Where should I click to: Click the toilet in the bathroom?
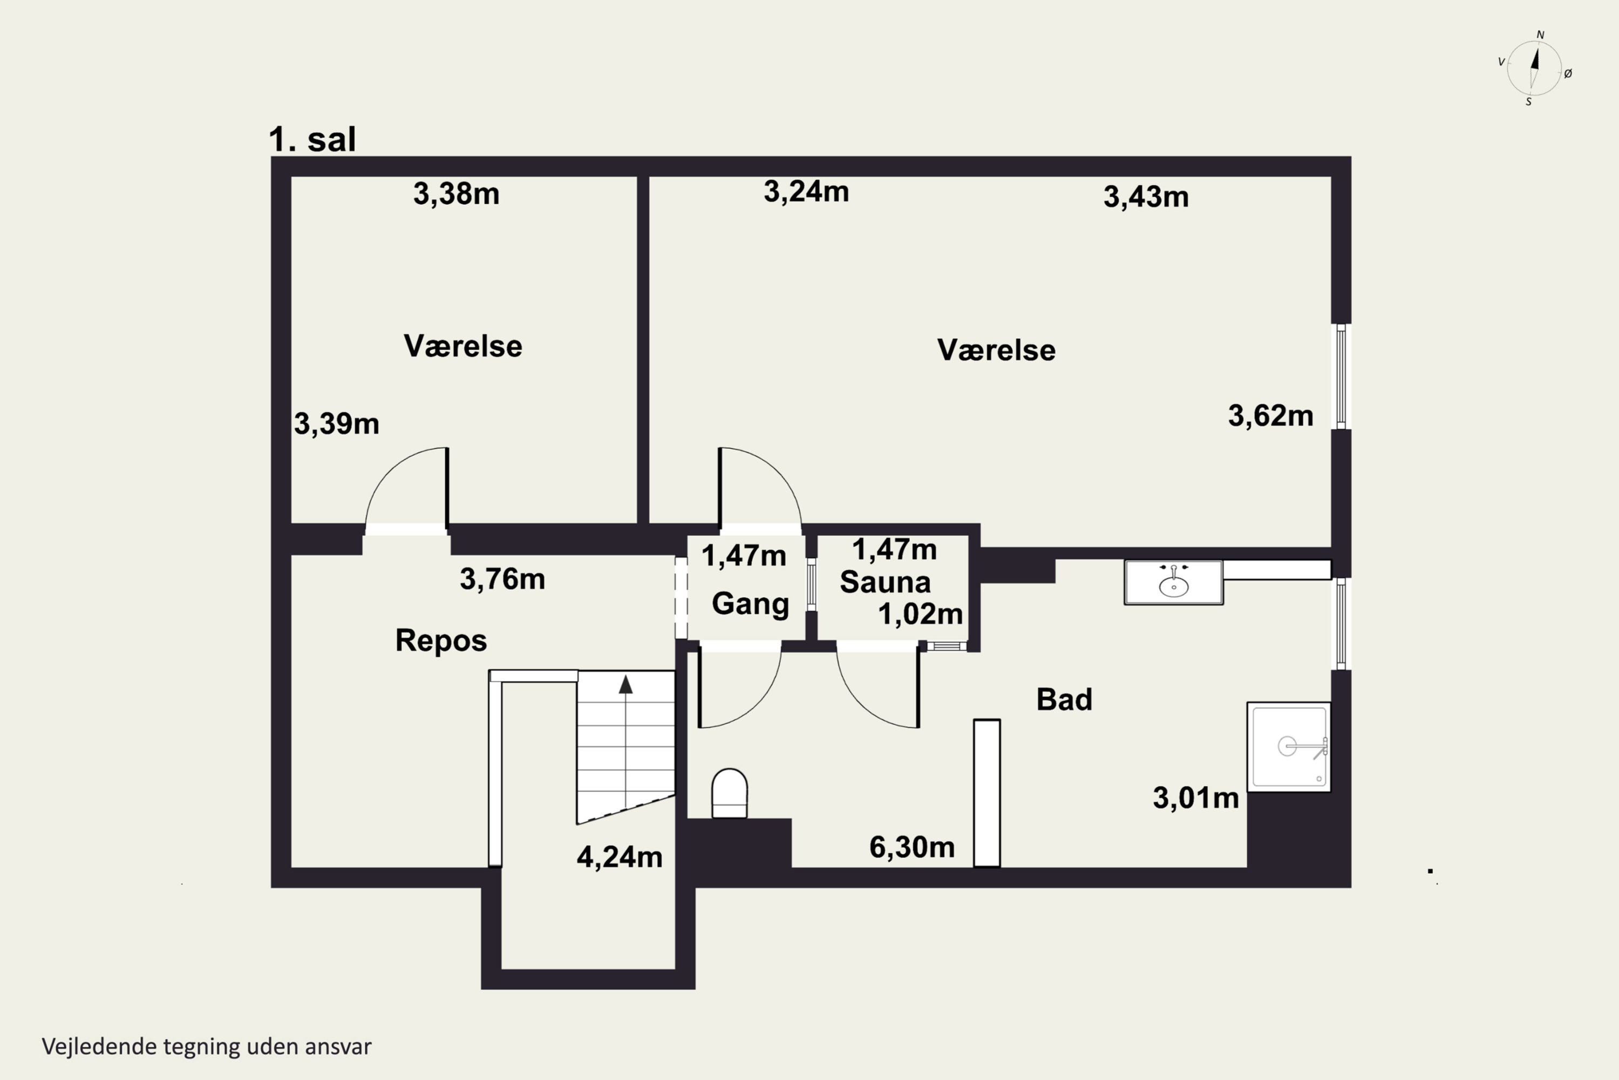pos(729,793)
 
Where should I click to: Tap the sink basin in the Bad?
pos(1174,583)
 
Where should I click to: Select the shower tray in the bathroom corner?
pos(1289,747)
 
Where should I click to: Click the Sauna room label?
pos(885,582)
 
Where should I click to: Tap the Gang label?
pos(750,604)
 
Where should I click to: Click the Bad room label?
pos(1064,700)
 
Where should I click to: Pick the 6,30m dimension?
pos(912,847)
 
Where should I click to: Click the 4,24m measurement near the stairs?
pos(620,857)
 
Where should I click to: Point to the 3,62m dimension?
pos(1271,416)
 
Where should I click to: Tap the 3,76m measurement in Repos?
pos(502,579)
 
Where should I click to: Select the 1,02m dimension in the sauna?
pos(920,613)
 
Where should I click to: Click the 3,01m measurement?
pos(1196,798)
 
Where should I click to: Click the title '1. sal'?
pos(312,139)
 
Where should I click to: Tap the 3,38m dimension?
pos(457,194)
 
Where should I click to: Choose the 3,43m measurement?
pos(1146,197)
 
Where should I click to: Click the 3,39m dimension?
pos(337,423)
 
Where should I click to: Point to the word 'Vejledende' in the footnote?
pos(99,1047)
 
